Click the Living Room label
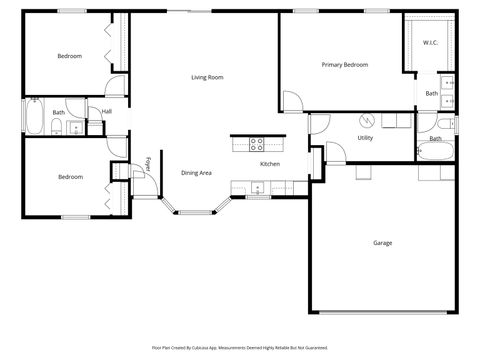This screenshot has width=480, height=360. [207, 77]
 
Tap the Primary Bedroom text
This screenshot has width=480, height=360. [344, 65]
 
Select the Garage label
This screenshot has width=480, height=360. [382, 243]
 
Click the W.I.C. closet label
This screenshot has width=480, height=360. [430, 42]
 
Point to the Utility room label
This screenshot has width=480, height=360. [365, 138]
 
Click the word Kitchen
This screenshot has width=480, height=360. [270, 164]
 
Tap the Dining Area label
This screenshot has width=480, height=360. [196, 173]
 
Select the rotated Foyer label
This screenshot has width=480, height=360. [148, 164]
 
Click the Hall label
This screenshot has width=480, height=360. [106, 112]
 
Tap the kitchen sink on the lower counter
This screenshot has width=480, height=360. [258, 186]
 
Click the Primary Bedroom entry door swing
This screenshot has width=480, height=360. [292, 100]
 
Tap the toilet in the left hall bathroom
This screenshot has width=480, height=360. [75, 126]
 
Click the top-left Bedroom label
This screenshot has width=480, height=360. [69, 56]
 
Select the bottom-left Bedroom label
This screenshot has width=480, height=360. [69, 177]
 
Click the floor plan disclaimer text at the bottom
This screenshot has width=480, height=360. [240, 347]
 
